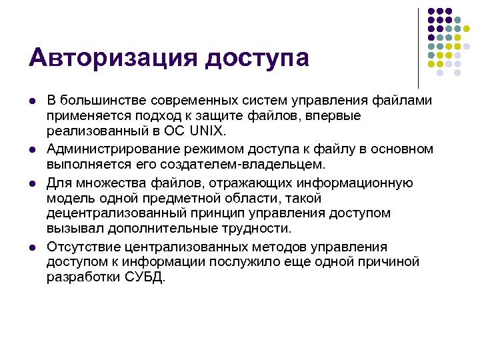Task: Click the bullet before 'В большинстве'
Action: tap(32, 101)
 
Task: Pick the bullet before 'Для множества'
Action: tap(32, 183)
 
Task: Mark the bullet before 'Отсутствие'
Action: tap(32, 247)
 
